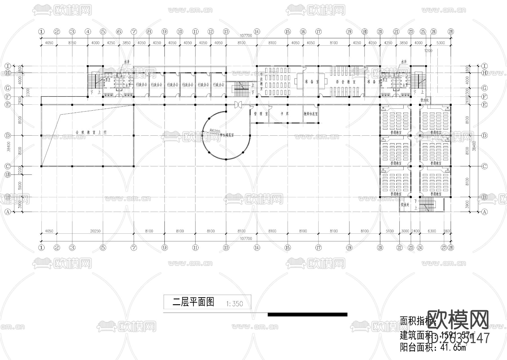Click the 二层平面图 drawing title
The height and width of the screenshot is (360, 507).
(x=193, y=302)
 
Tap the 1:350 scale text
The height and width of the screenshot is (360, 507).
(x=234, y=304)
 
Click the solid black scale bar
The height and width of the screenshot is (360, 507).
(x=307, y=314)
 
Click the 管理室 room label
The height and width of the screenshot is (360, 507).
(x=261, y=114)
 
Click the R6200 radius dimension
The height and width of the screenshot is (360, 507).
(x=215, y=131)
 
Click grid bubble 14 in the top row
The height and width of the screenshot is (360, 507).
(x=257, y=32)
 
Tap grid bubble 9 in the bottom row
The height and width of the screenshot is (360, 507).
(x=164, y=248)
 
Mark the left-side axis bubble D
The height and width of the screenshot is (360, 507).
(x=8, y=135)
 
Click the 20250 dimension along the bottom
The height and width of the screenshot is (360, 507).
(x=95, y=231)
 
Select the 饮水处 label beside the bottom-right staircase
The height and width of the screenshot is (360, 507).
(x=405, y=205)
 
